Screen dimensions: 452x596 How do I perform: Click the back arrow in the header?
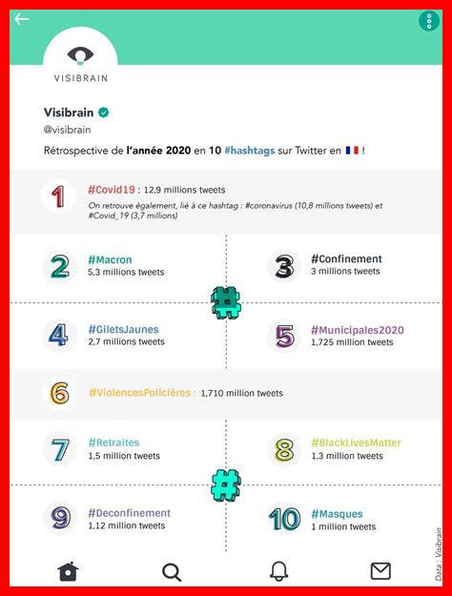point(22,19)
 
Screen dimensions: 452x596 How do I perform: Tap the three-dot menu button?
point(427,21)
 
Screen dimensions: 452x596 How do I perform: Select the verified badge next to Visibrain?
point(103,112)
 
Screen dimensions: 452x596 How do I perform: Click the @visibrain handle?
point(69,130)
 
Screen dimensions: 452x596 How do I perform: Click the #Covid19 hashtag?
point(113,190)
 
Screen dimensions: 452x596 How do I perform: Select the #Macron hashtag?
point(110,259)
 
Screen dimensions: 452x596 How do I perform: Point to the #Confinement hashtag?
point(346,258)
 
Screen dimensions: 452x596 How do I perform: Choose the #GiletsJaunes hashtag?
point(123,330)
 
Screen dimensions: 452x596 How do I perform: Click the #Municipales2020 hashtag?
point(358,330)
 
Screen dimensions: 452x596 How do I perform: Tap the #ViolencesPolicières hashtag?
point(141,392)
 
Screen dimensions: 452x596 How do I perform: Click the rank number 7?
point(60,449)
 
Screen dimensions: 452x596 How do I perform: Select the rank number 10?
point(284,519)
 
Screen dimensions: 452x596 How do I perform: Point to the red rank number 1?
point(59,196)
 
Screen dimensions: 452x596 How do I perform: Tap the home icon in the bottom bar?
point(68,571)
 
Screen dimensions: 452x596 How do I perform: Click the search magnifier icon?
point(172,571)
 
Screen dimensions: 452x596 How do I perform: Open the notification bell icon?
point(278,571)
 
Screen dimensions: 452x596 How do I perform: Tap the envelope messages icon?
point(380,571)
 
